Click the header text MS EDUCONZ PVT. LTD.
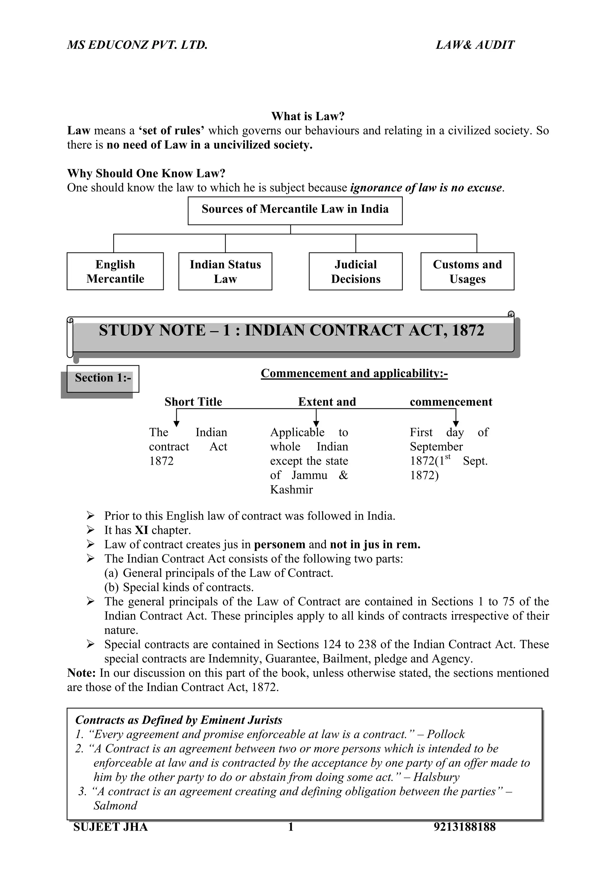coord(137,45)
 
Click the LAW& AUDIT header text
coord(475,45)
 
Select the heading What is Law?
coord(307,116)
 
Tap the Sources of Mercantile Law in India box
coord(295,210)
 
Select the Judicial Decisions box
coord(355,271)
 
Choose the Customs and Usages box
coord(467,271)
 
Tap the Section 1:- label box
coord(103,378)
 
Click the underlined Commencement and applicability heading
coord(354,373)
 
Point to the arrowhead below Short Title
coord(176,423)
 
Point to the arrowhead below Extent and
coord(316,423)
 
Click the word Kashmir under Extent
coord(291,489)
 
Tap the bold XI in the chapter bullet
coord(141,530)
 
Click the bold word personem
coord(279,544)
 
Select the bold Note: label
coord(81,673)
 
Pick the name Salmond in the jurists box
coord(115,806)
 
